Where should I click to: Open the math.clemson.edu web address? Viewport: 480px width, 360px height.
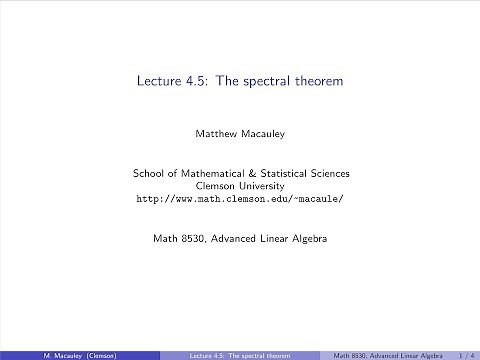tap(240, 199)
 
